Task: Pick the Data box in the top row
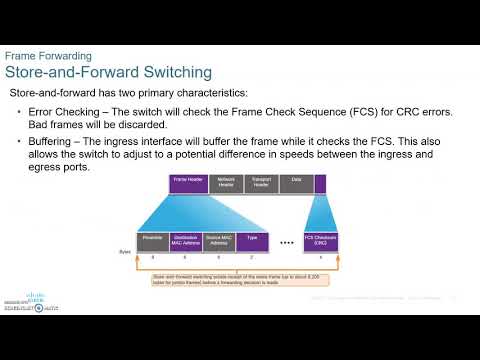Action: (x=295, y=183)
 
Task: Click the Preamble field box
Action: (x=152, y=241)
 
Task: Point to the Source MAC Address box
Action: (x=221, y=241)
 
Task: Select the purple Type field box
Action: (x=251, y=241)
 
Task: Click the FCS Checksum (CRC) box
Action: (x=320, y=241)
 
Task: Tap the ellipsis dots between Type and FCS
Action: (x=286, y=243)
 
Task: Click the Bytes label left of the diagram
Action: (x=125, y=252)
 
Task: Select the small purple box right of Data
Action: (x=320, y=183)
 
